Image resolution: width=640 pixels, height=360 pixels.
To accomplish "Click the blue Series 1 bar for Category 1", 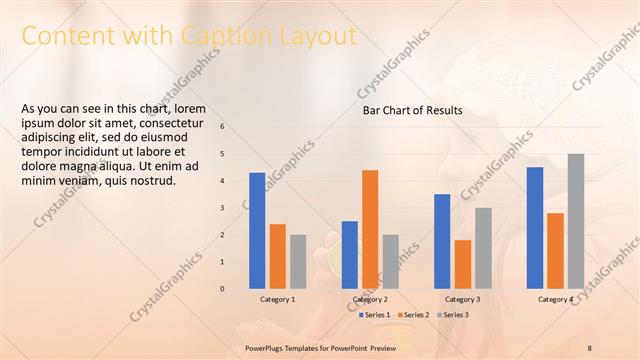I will (257, 230).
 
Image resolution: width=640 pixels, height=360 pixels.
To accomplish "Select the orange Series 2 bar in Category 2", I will (370, 229).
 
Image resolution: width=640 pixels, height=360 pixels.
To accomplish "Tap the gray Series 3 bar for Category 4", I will (576, 221).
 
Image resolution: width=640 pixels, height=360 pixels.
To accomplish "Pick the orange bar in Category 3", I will (462, 264).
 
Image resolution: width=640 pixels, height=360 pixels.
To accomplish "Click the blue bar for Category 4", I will (535, 227).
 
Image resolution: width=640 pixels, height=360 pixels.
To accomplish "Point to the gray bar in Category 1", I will (298, 261).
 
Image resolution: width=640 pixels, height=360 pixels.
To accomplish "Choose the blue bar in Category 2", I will (350, 254).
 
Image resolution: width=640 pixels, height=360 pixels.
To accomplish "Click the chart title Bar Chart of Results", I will (412, 110).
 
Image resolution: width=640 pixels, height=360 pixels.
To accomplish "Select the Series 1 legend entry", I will (375, 315).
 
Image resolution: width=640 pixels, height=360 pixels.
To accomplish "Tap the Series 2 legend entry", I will (415, 315).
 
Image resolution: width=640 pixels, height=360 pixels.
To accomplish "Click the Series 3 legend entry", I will (455, 315).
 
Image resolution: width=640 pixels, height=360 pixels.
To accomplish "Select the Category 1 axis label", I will (278, 299).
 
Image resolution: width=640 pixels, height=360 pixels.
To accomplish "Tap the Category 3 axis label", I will (462, 299).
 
